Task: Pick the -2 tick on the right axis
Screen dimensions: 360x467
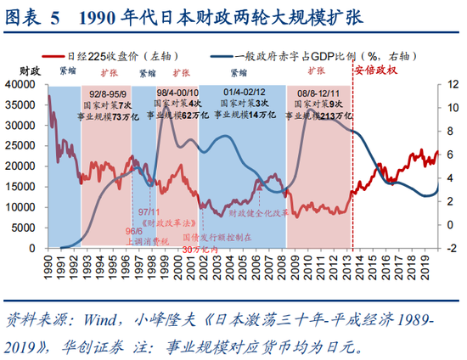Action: [448, 248]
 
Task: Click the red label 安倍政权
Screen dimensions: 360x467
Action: [378, 70]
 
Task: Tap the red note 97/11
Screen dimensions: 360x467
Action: [149, 211]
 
